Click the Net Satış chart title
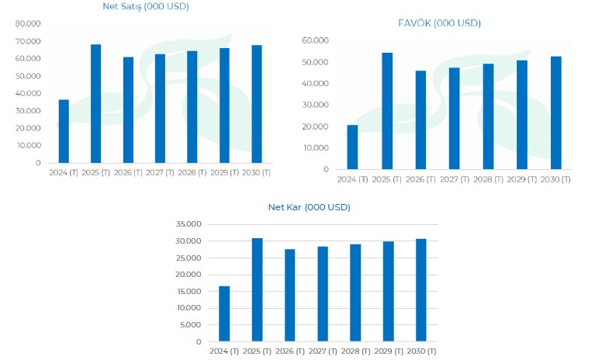pos(145,7)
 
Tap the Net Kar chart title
pos(309,207)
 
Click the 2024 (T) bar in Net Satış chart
pos(64,131)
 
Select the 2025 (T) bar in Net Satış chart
pos(95,104)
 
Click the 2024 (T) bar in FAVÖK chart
pos(352,147)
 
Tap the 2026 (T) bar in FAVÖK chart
pos(420,119)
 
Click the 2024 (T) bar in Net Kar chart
pos(224,313)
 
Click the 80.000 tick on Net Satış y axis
pos(28,24)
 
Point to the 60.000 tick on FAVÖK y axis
pos(316,40)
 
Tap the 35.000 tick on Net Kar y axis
pos(189,224)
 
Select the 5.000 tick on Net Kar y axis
pos(191,324)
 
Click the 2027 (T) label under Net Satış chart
pos(160,172)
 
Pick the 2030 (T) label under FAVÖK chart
pos(555,179)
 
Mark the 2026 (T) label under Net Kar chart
pos(289,351)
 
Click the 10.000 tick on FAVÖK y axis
pos(316,147)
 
